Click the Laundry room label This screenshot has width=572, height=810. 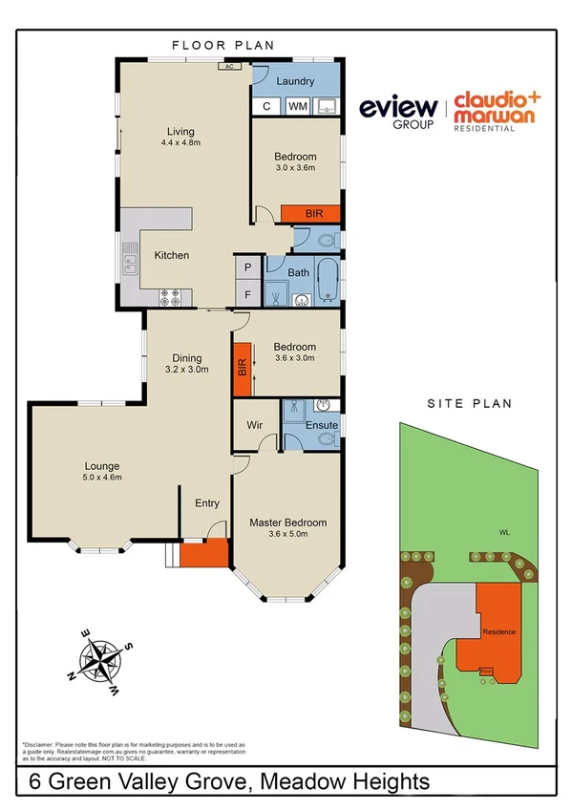295,82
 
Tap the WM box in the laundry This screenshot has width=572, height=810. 297,106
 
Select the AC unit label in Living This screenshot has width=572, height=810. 229,67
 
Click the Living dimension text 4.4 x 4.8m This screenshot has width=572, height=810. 180,143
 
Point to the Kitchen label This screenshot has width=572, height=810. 172,255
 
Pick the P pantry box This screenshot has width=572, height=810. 247,267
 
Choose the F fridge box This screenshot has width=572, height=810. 247,294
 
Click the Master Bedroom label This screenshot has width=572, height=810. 288,522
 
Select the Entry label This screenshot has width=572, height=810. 207,503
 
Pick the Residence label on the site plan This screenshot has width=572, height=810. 498,632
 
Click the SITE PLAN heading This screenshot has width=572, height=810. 469,404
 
